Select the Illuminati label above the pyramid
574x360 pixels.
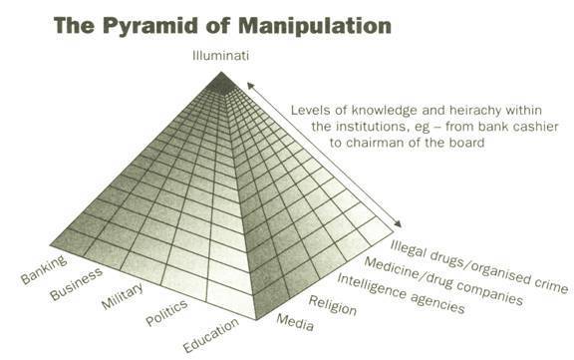tap(221, 56)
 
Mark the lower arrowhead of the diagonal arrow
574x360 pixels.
tap(402, 227)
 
